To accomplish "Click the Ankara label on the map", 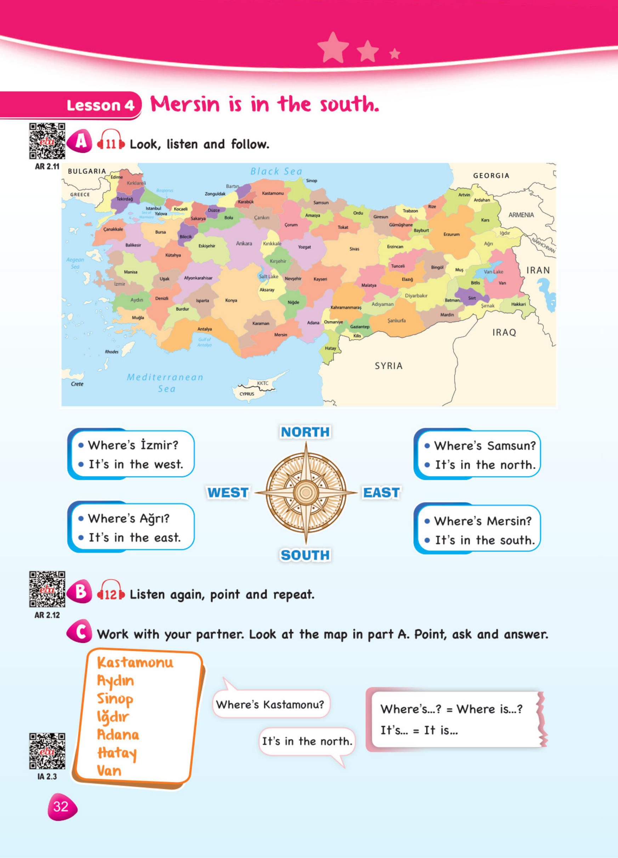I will [244, 243].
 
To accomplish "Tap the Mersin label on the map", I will [280, 335].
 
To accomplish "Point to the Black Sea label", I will [276, 171].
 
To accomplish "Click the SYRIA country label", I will [389, 366].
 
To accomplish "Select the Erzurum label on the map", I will [452, 235].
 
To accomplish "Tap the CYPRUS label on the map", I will [247, 394].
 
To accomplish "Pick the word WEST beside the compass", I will [228, 493].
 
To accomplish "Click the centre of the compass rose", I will [306, 493].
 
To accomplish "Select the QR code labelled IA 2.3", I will [47, 751].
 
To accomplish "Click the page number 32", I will [61, 807].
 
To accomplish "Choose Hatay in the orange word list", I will [117, 753].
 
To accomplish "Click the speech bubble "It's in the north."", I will [307, 741].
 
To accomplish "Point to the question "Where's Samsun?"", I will [485, 446].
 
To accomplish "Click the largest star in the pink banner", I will [333, 48].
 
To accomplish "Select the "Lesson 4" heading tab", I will [101, 105].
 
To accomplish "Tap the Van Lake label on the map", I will [493, 271].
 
